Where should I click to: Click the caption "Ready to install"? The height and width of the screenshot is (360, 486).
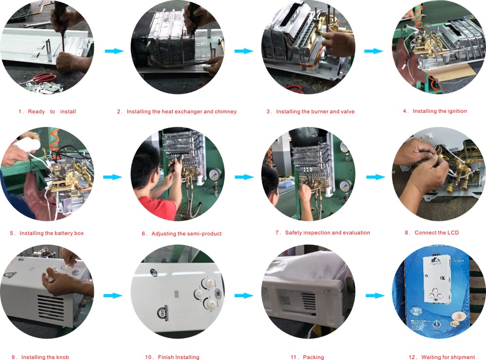coord(47,112)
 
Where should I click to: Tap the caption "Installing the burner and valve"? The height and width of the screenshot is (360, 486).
coord(310,112)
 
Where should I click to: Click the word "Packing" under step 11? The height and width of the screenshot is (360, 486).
coord(313,358)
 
